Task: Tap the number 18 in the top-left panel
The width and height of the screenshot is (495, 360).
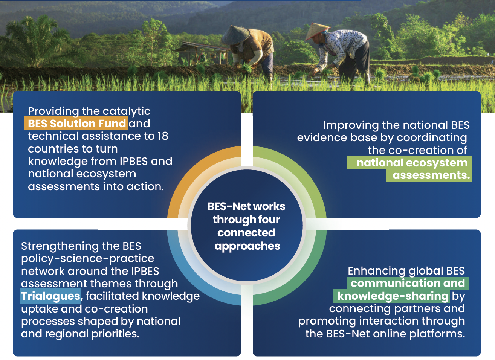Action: pos(163,136)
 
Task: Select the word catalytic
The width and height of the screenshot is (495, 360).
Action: pos(127,111)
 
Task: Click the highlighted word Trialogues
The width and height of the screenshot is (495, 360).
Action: pos(50,296)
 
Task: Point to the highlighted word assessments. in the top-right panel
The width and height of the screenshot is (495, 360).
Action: pos(431,175)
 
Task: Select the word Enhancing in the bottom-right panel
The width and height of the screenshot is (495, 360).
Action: pos(377,271)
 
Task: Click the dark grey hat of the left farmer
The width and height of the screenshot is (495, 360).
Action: pos(235,35)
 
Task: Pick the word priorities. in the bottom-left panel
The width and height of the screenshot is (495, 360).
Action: pos(116,334)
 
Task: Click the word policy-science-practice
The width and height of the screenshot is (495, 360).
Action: pos(87,259)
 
